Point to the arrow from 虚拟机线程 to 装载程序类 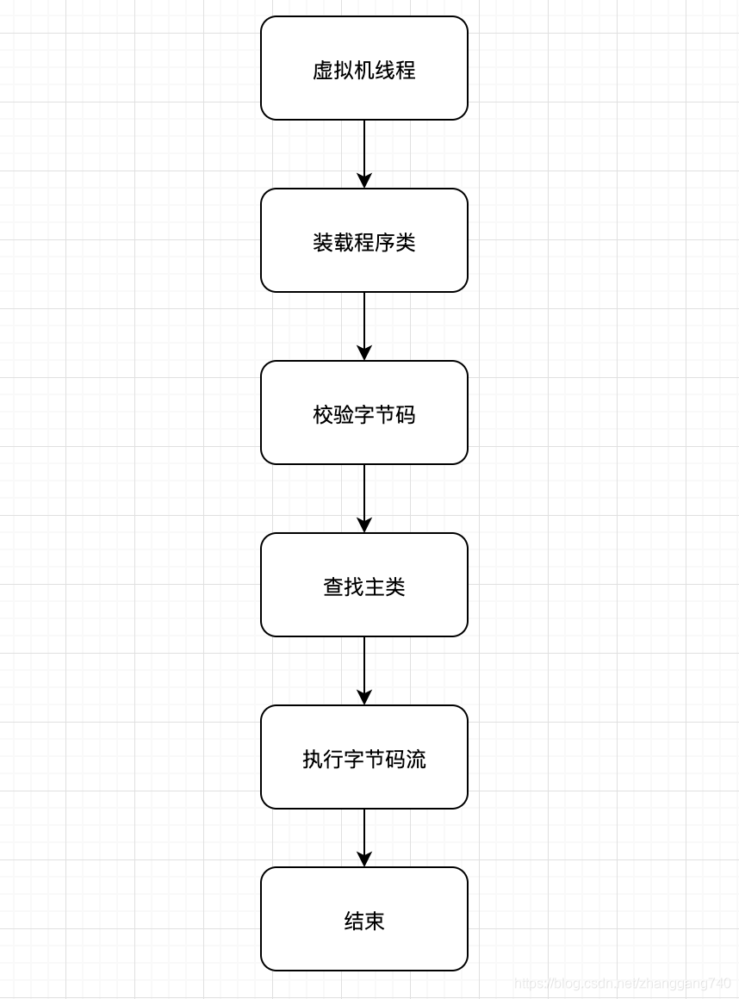pyautogui.click(x=364, y=151)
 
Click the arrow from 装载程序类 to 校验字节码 pyautogui.click(x=364, y=323)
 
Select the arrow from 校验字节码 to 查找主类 pyautogui.click(x=364, y=495)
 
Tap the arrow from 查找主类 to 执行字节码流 pyautogui.click(x=364, y=667)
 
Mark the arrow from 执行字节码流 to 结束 pyautogui.click(x=364, y=834)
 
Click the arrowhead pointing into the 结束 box pyautogui.click(x=364, y=859)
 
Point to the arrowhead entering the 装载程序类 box pyautogui.click(x=364, y=180)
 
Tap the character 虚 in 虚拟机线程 pyautogui.click(x=323, y=71)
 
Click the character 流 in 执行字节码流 pyautogui.click(x=416, y=760)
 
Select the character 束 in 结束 pyautogui.click(x=375, y=921)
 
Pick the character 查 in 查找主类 pyautogui.click(x=333, y=587)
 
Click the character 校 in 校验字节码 pyautogui.click(x=323, y=415)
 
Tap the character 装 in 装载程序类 pyautogui.click(x=323, y=243)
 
